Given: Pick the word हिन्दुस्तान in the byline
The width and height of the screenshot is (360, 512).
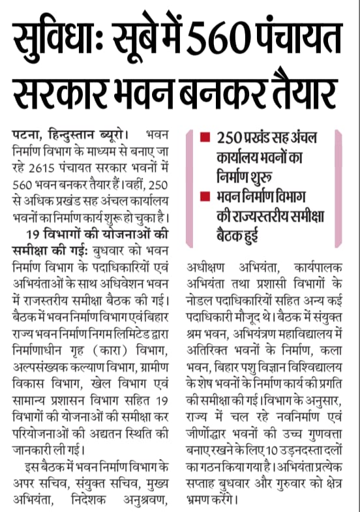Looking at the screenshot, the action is click(70, 135).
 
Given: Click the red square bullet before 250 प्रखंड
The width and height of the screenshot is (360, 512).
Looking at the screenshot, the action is click(205, 139).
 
